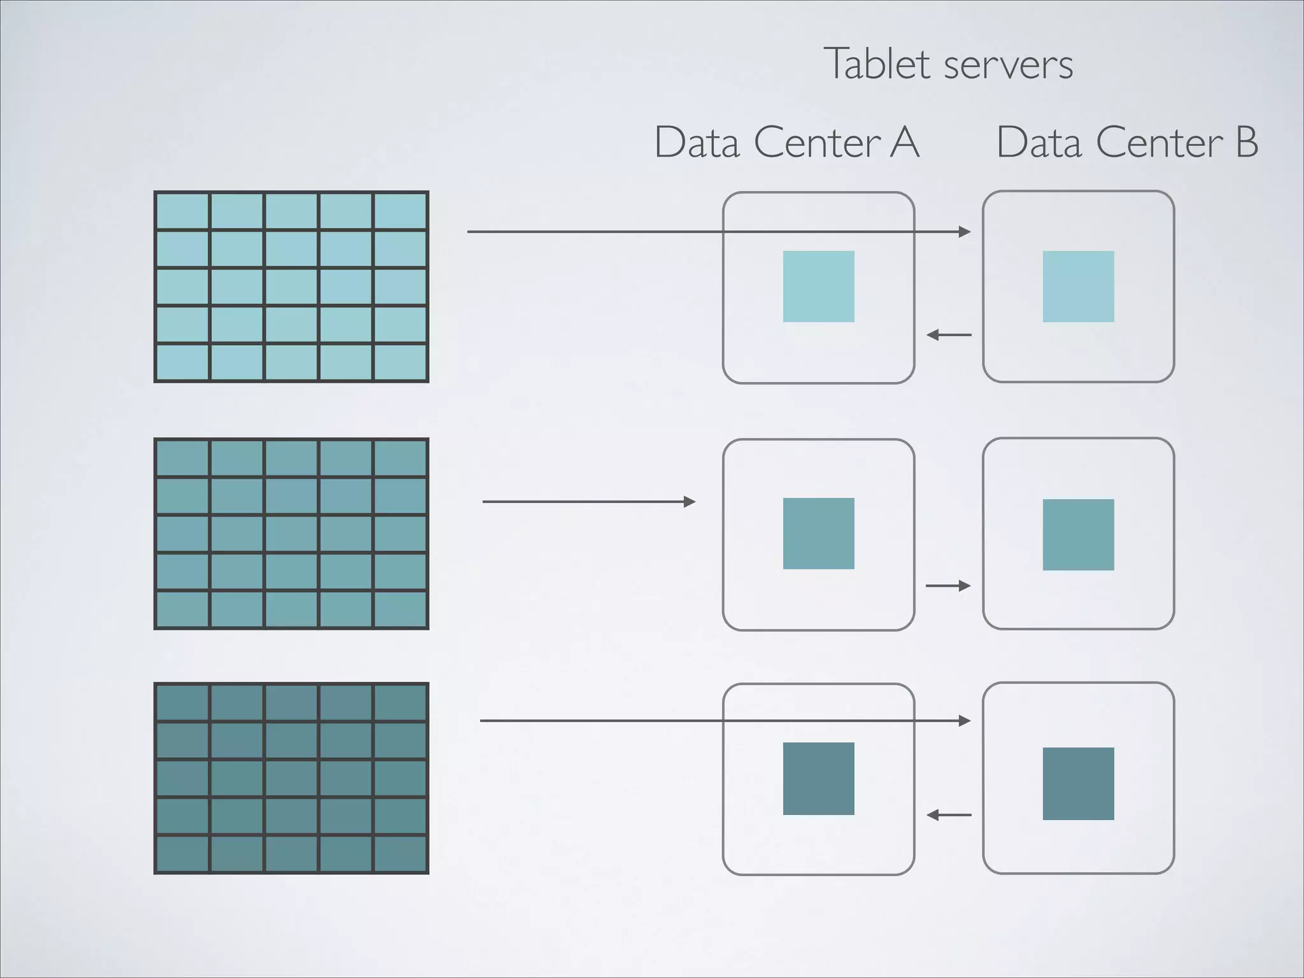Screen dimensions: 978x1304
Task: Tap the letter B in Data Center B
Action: click(1247, 142)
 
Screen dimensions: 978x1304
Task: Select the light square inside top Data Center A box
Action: click(818, 287)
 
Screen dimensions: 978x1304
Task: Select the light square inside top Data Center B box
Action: click(1078, 287)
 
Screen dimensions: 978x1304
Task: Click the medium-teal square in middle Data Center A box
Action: click(818, 534)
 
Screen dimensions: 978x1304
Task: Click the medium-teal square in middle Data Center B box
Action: click(1078, 534)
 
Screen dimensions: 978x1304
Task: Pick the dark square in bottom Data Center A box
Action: click(818, 778)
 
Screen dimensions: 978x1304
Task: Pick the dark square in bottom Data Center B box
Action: click(1078, 783)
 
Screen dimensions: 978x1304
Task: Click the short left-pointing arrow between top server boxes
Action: click(949, 334)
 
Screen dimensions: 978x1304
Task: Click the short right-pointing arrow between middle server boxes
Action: click(948, 585)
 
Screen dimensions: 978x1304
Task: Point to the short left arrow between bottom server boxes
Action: click(949, 814)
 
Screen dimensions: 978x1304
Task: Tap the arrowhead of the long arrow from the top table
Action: click(965, 232)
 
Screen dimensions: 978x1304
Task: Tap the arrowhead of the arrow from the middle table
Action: click(690, 502)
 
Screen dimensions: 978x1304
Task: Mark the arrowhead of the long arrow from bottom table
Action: click(965, 721)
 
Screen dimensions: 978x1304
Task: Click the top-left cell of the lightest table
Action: click(183, 211)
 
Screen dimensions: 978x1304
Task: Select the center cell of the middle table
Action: click(291, 534)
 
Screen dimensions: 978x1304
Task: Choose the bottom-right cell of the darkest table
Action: click(400, 854)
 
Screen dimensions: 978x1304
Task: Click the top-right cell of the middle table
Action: click(400, 458)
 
